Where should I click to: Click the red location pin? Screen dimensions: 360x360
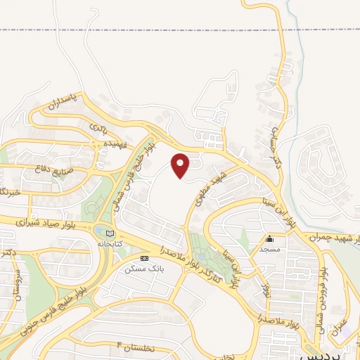(181, 165)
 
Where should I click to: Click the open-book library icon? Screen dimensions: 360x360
(108, 232)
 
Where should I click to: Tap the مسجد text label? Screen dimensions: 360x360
(270, 249)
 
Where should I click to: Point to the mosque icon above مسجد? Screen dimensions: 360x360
(269, 239)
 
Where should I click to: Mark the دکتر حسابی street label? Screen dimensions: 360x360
(276, 141)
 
